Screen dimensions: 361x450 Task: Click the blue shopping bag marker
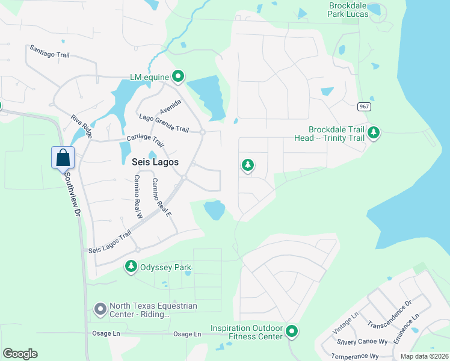click(x=63, y=158)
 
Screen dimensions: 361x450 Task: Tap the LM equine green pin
click(x=178, y=76)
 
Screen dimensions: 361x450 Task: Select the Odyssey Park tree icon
click(x=131, y=266)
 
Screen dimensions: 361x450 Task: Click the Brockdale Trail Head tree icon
click(x=374, y=132)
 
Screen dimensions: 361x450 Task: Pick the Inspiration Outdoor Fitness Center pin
click(x=292, y=331)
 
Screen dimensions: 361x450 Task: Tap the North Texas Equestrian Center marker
click(x=100, y=310)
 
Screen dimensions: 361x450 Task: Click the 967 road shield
click(x=363, y=106)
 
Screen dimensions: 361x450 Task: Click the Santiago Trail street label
click(x=50, y=51)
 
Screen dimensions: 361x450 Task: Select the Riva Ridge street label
click(x=81, y=127)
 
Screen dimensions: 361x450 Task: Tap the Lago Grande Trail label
click(x=164, y=123)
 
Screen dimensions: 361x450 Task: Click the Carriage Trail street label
click(x=145, y=140)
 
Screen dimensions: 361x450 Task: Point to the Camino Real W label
click(x=138, y=196)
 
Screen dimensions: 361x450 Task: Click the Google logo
click(x=20, y=354)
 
